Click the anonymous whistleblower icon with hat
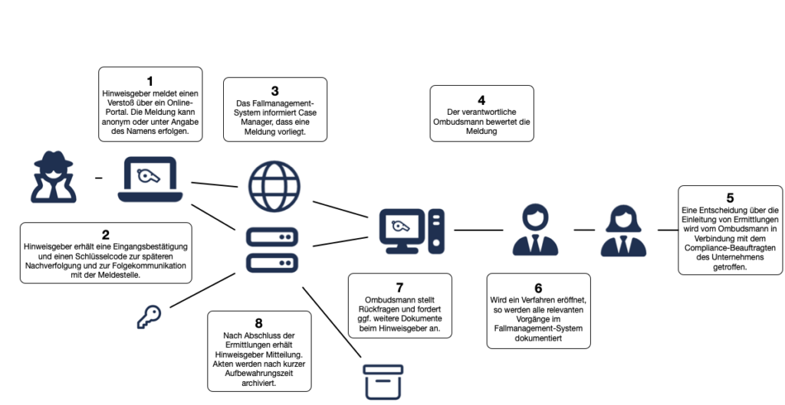pos(54,177)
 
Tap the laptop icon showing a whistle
pos(150,179)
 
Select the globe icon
pos(274,186)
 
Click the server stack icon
pos(272,250)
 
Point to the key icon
pos(149,318)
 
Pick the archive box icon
pos(383,383)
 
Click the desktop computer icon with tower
pos(412,231)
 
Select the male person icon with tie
pos(535,230)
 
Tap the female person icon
pos(623,231)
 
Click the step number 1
pos(149,81)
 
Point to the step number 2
pos(106,235)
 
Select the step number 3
pos(275,91)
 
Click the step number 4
pos(481,100)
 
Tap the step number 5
pos(730,198)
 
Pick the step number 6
pos(538,288)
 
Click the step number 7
pos(399,288)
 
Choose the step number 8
pos(259,323)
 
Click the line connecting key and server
pos(202,290)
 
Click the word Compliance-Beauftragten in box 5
pos(730,248)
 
